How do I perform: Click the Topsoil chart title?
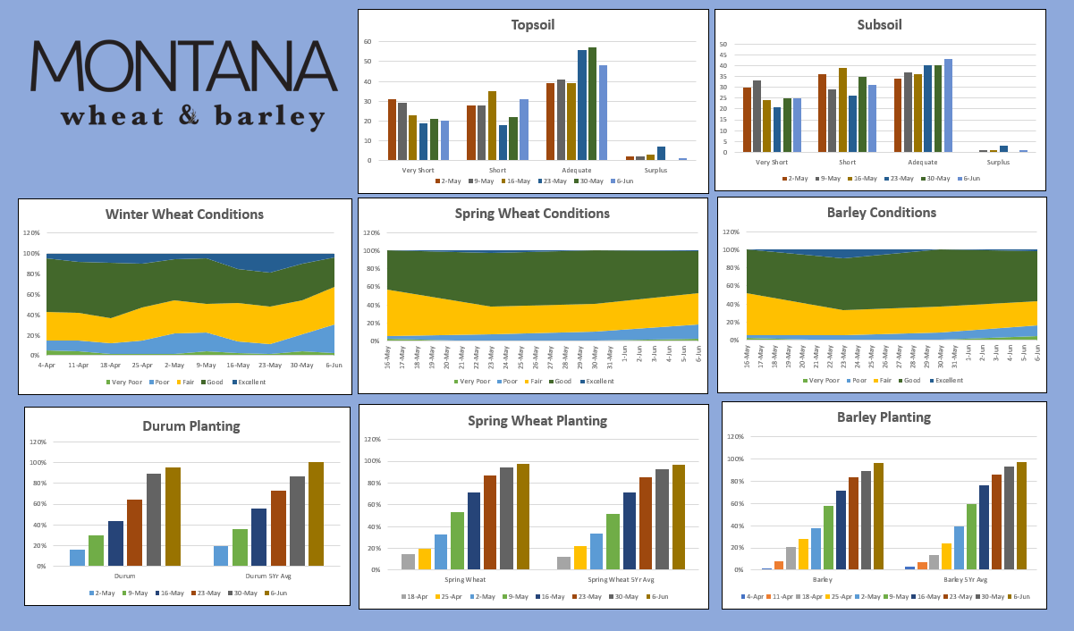coord(533,25)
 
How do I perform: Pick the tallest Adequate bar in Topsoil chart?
coord(592,104)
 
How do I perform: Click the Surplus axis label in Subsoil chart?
coord(998,163)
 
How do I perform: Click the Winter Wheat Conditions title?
coord(184,215)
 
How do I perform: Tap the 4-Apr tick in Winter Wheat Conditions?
coord(47,366)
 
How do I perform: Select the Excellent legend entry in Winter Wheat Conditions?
coord(248,383)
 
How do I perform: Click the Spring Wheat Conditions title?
coord(532,214)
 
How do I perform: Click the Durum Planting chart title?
coord(191,425)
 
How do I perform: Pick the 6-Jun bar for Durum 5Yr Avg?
coord(316,514)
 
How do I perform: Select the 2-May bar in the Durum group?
coord(78,558)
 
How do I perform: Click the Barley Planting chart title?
coord(884,417)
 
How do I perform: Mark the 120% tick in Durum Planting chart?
coord(38,442)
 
